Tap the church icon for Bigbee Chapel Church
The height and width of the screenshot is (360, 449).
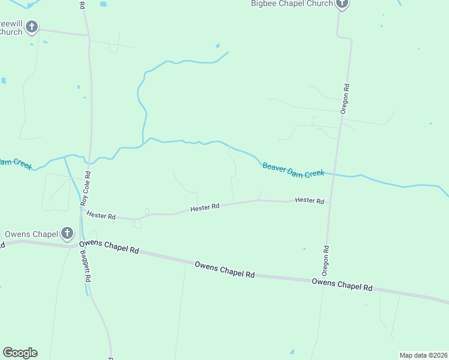click(342, 4)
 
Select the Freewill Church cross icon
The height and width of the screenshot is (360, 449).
click(32, 27)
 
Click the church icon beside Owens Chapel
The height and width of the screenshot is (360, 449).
click(67, 233)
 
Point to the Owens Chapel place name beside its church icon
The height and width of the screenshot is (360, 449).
click(31, 234)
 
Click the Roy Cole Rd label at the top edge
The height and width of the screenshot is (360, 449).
click(82, 5)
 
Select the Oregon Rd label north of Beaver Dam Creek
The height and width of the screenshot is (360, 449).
click(345, 98)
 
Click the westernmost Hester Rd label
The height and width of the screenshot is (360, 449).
click(101, 215)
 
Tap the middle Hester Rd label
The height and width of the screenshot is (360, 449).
click(205, 207)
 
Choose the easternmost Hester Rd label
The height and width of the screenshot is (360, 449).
click(309, 200)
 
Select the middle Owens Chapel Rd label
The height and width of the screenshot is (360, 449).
click(224, 269)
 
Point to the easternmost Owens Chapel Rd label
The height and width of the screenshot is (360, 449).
click(342, 284)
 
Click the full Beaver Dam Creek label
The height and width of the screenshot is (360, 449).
click(294, 169)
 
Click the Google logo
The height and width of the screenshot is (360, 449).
click(20, 353)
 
